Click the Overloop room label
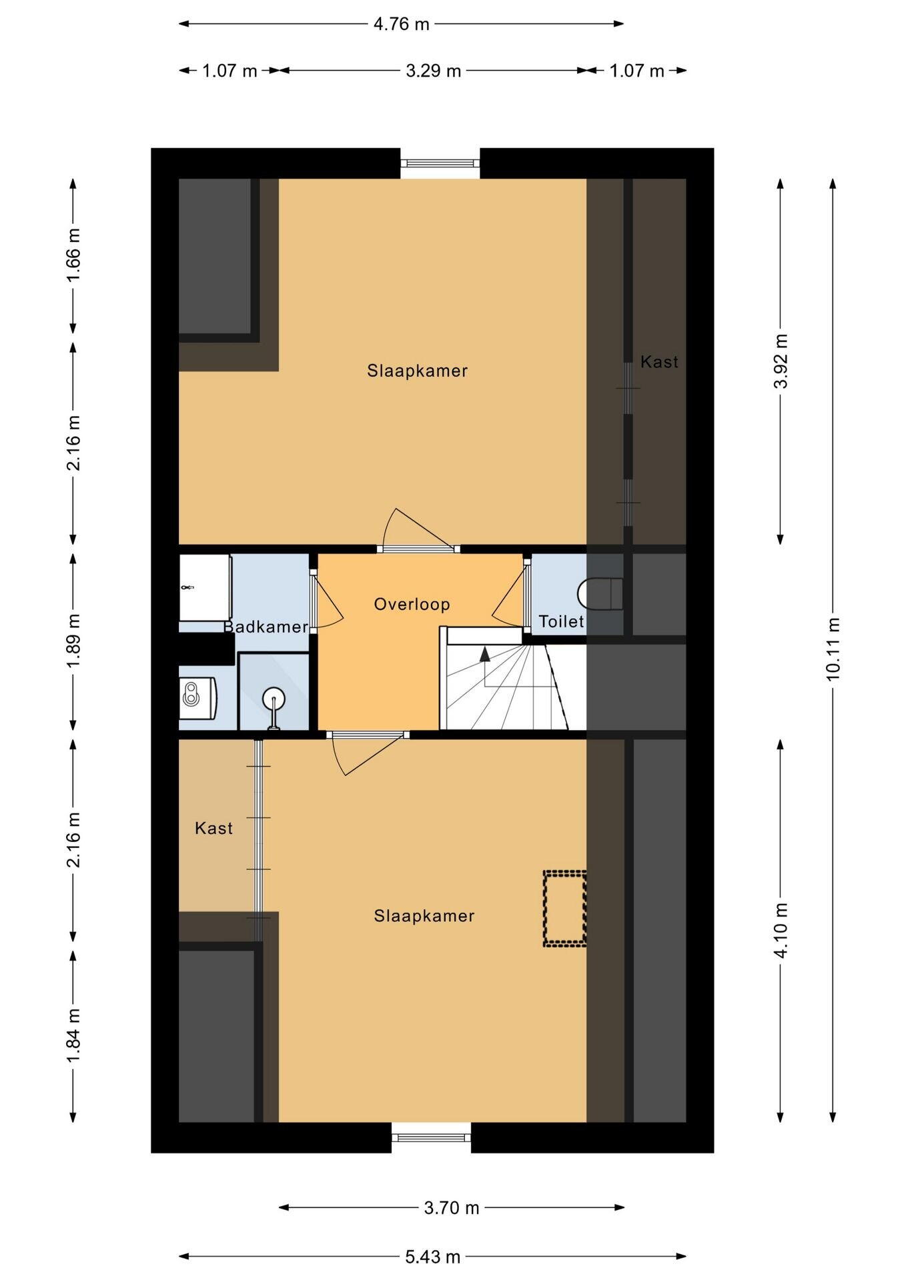[412, 604]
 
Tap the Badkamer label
[266, 627]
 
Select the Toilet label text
[561, 621]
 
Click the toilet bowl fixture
[600, 593]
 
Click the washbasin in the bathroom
[197, 698]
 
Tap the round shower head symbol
[274, 700]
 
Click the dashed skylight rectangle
[564, 908]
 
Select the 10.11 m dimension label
[833, 649]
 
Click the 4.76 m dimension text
[401, 24]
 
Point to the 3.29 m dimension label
[434, 71]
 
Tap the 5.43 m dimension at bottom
[433, 1257]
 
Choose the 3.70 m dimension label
[452, 1207]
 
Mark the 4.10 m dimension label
[781, 930]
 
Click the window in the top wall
[440, 163]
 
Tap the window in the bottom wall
[431, 1137]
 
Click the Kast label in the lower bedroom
[214, 828]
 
